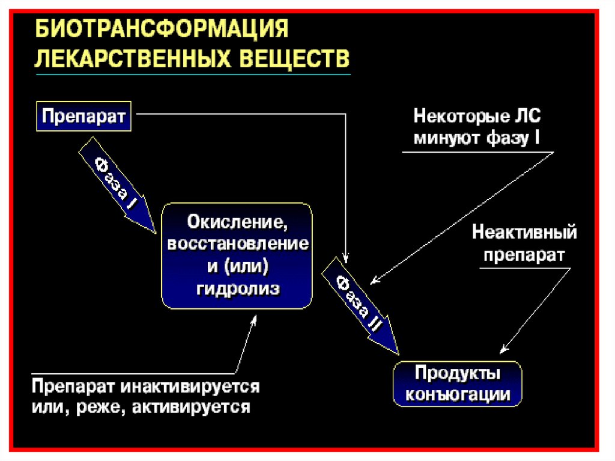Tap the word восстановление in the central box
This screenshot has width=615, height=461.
click(238, 245)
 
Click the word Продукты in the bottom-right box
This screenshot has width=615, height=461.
click(457, 373)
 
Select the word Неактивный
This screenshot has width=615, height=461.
click(524, 231)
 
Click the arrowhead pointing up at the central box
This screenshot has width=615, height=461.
click(253, 320)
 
